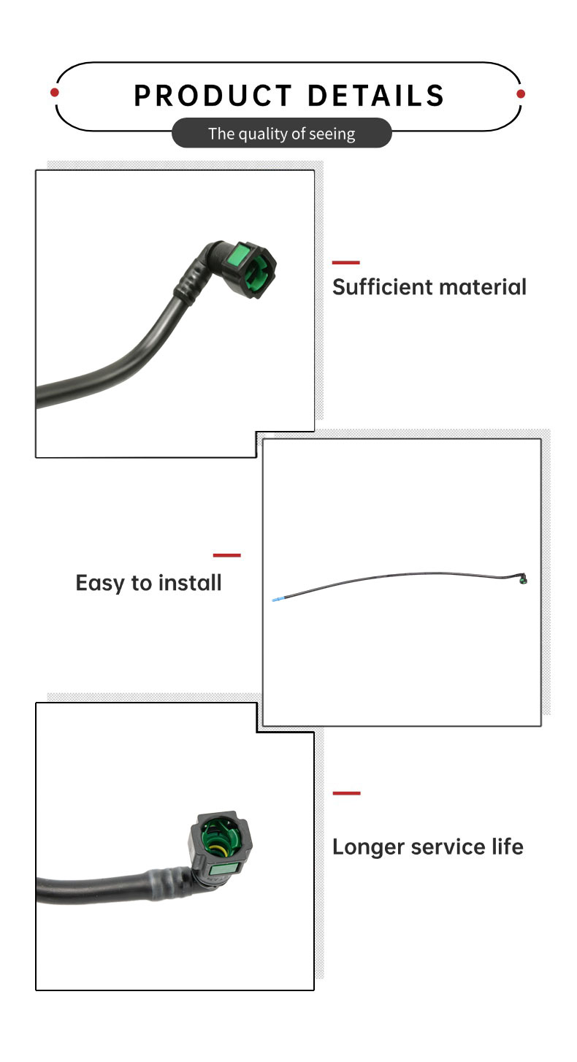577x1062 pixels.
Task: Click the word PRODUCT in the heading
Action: point(213,95)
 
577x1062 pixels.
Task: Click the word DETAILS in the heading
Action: point(376,95)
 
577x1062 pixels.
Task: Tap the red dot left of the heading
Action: point(55,92)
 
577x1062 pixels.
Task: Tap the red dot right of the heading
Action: point(521,94)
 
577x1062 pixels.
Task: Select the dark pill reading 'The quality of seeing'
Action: point(282,133)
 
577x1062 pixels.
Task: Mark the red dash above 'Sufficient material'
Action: point(345,262)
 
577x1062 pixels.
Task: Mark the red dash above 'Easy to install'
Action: point(226,555)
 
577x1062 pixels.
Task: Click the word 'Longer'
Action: point(368,847)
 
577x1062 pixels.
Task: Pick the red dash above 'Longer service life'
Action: point(346,792)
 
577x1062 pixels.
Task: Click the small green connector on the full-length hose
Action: point(523,579)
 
